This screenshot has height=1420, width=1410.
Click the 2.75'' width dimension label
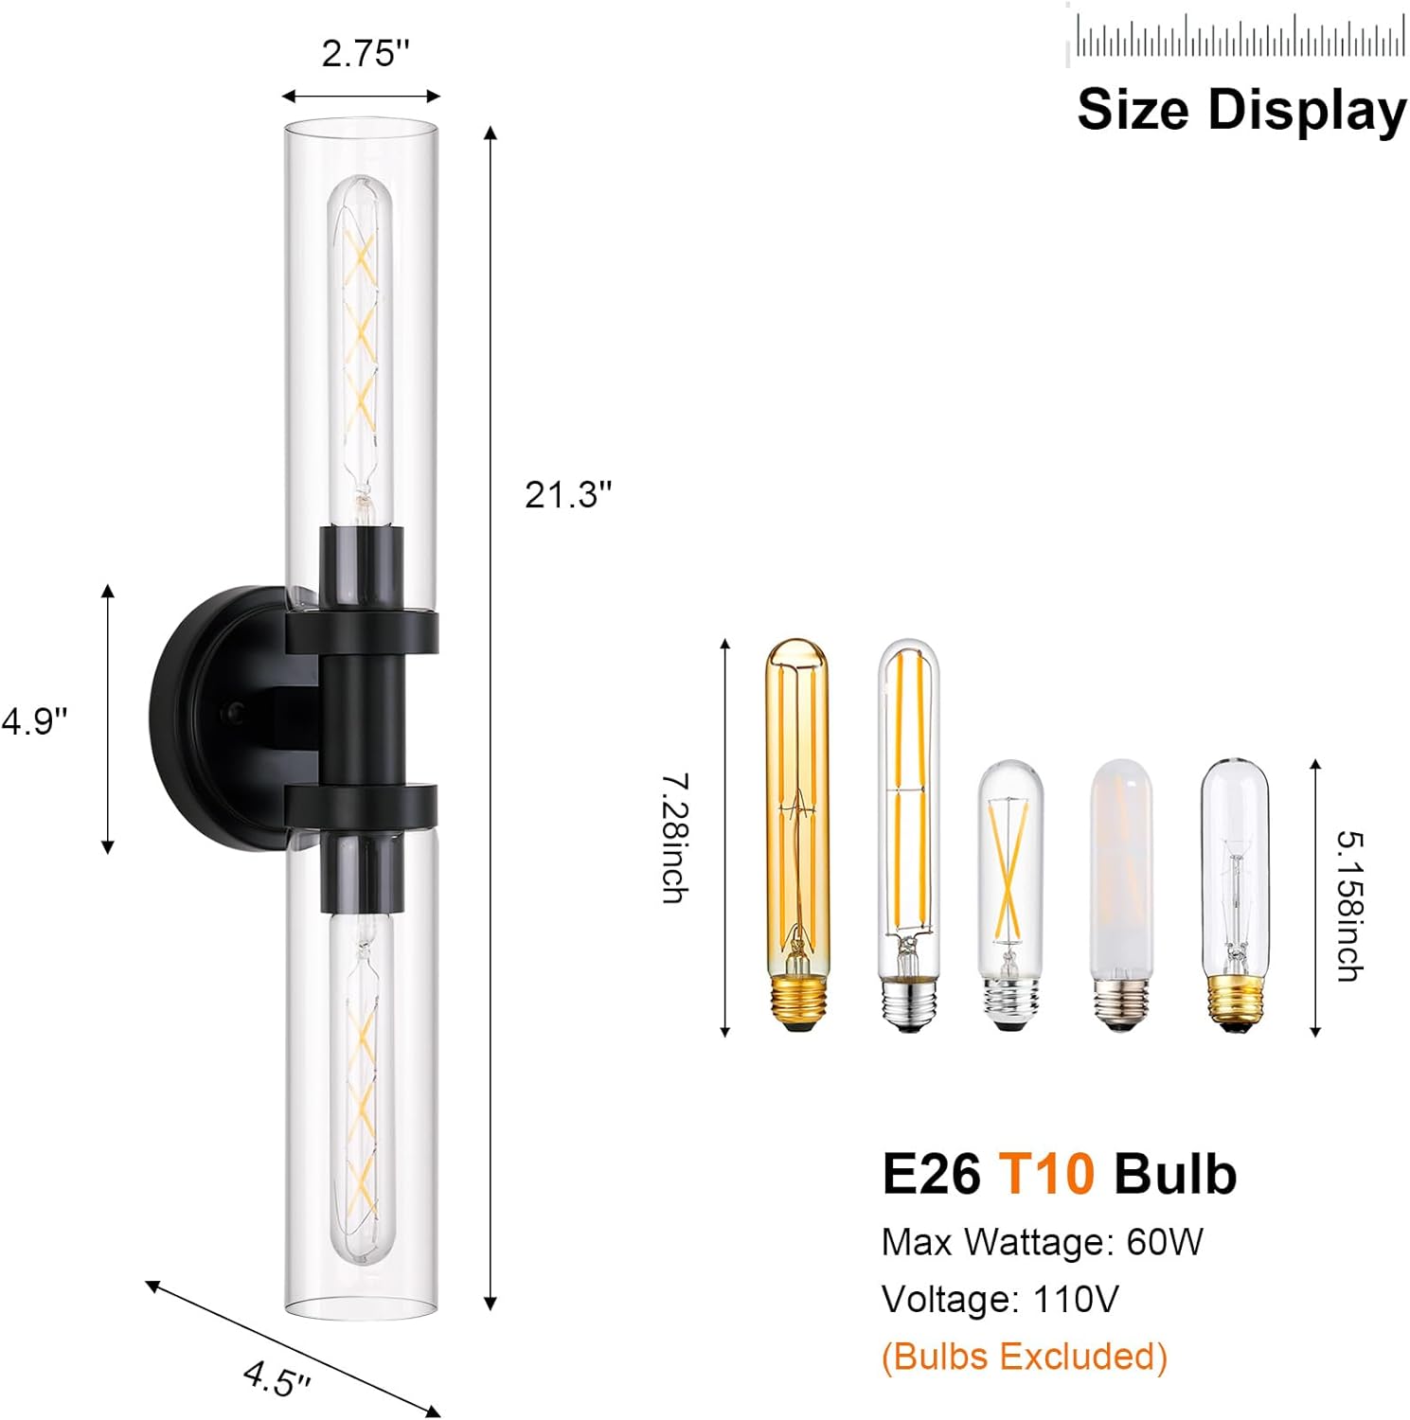366,53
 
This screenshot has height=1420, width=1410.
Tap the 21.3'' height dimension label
568,494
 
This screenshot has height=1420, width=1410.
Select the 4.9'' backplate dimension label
34,721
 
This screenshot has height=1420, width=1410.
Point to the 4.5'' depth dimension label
277,1378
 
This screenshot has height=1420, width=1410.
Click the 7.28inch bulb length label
674,838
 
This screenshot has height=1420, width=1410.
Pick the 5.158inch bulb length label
1349,906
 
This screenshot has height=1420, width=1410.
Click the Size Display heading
1240,110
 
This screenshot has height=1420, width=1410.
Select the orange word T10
1046,1174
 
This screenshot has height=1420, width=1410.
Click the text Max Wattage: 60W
1042,1242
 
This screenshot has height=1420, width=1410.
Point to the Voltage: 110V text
1000,1299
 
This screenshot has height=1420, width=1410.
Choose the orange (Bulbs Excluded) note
1024,1356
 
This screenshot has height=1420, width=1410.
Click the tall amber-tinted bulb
796,833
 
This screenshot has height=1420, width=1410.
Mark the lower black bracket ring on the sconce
362,804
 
